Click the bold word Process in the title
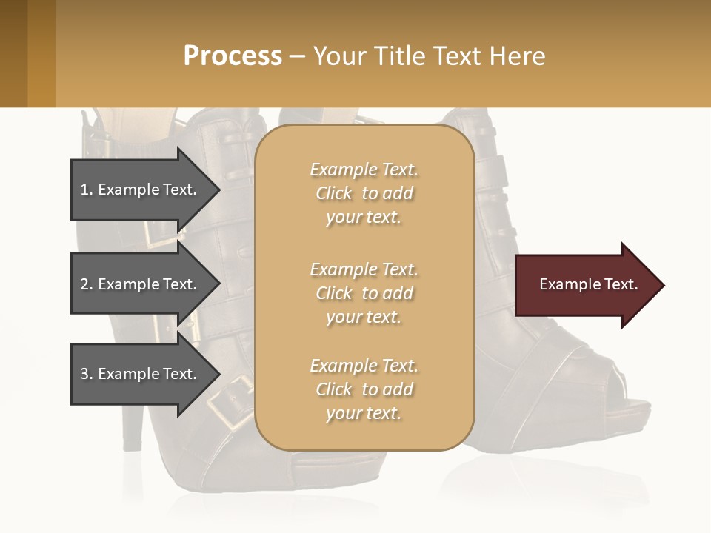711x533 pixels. point(233,56)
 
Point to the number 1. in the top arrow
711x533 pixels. point(87,190)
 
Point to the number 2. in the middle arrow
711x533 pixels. point(87,284)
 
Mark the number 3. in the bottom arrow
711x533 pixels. point(87,374)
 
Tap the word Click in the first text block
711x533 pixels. point(334,194)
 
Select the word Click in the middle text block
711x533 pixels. point(334,293)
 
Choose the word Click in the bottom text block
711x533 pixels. point(334,389)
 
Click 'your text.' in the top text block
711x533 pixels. point(364,218)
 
